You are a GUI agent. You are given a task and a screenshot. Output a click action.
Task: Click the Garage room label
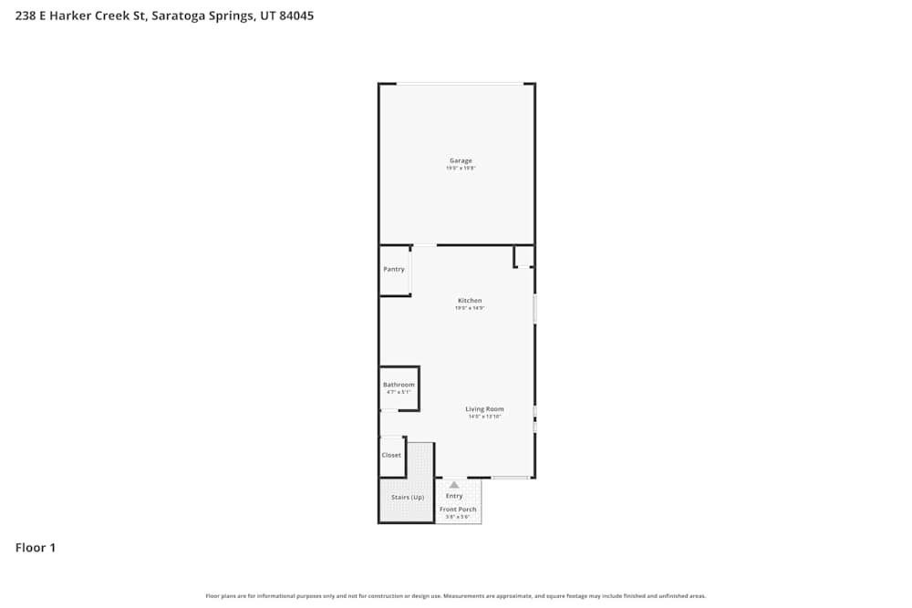tap(461, 160)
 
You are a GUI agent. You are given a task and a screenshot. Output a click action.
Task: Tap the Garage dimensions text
tap(461, 169)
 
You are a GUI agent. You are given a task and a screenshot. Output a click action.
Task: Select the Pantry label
tap(394, 269)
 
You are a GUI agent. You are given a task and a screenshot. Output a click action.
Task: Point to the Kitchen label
tap(470, 301)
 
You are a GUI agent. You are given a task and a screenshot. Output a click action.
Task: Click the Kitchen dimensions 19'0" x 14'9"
tap(470, 308)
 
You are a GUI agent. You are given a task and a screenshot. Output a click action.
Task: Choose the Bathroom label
tap(399, 385)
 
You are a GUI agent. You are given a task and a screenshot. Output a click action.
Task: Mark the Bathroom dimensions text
tap(399, 392)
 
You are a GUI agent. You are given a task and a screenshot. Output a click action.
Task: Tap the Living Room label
tap(484, 409)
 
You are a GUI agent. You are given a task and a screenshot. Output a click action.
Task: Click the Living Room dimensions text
tap(484, 417)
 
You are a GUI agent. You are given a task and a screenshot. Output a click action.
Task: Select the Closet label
tap(391, 455)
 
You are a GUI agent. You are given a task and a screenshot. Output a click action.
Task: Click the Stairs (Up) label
tap(408, 497)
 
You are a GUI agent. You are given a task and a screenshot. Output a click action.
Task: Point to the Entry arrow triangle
tap(454, 485)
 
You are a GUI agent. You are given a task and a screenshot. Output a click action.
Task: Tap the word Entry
tap(454, 496)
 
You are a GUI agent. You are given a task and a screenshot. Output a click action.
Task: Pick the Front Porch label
tap(458, 510)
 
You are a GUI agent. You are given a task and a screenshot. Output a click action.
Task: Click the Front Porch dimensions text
tap(458, 517)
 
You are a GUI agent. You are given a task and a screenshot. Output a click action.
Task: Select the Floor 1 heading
tap(36, 548)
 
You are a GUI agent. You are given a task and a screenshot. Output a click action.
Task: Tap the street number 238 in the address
tap(25, 15)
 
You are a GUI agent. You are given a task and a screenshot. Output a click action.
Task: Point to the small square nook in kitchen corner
tap(523, 256)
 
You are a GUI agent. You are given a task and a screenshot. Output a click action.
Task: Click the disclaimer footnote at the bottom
tap(456, 596)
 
